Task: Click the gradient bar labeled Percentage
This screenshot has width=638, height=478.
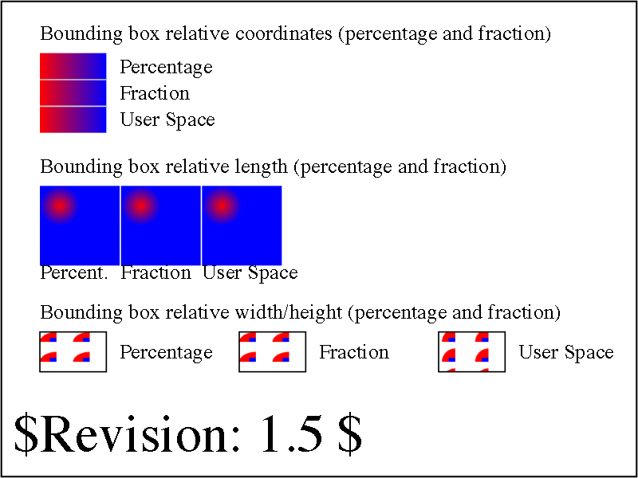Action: coord(73,66)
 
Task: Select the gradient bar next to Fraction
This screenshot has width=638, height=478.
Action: coord(73,93)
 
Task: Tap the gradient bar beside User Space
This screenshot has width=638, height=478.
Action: coord(73,120)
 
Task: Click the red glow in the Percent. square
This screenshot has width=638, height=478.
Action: coord(60,206)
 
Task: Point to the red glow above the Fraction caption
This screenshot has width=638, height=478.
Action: coord(140,206)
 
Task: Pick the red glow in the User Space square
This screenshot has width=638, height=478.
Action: coord(221,206)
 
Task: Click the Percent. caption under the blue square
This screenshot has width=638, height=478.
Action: coord(74,272)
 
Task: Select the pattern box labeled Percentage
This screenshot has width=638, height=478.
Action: coord(73,351)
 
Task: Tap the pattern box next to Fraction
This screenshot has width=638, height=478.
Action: coord(273,351)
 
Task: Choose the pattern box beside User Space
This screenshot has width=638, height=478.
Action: coord(472,351)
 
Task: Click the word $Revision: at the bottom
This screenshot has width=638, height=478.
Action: coord(126,434)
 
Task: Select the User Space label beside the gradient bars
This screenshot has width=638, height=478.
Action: coord(167,120)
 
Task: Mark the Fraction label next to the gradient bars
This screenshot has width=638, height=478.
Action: coord(155,93)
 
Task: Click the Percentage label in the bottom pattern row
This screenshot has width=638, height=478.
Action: coord(166,352)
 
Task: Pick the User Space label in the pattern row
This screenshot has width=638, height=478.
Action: coord(566,352)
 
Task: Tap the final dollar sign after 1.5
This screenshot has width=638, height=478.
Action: coord(349,434)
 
